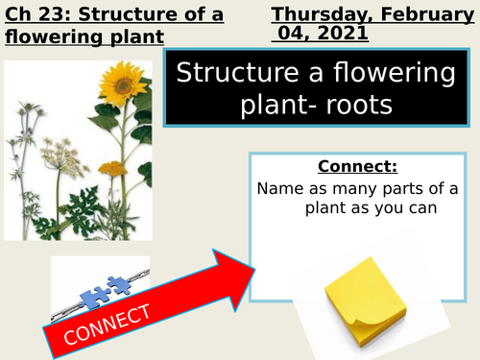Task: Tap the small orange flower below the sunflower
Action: [113, 168]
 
